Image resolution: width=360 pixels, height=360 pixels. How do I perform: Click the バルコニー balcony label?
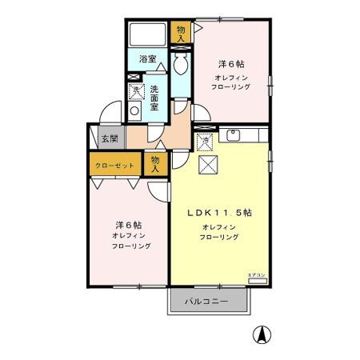tap(207, 302)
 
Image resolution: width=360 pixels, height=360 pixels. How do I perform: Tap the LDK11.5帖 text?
tap(220, 213)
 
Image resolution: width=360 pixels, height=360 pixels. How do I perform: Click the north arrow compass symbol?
tap(260, 334)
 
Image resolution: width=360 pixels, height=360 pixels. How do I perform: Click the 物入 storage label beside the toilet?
tap(182, 33)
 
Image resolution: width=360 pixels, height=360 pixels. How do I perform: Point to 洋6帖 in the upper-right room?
tap(231, 63)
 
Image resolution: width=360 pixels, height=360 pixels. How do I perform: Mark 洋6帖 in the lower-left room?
tap(124, 226)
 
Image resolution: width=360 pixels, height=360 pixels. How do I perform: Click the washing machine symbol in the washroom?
tap(136, 92)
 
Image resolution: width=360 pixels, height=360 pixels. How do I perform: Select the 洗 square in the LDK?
tap(205, 142)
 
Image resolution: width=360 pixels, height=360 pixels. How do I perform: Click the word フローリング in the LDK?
tap(220, 238)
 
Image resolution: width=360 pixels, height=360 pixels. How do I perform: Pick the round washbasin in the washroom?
tap(135, 110)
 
